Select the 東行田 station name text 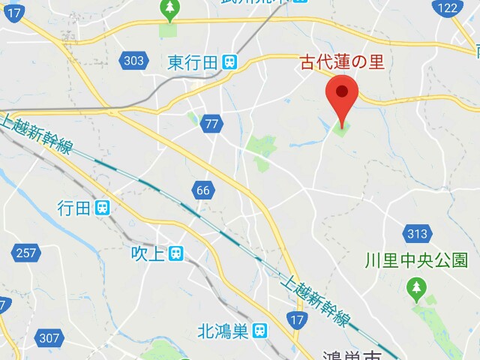pos(193,62)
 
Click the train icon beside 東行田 pos(229,63)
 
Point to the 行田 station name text pos(74,208)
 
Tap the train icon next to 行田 pos(103,208)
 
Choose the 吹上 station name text pos(147,253)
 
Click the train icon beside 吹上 pos(175,254)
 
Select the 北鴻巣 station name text pos(223,329)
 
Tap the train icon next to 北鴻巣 pos(259,329)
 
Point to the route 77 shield pos(211,124)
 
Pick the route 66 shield pos(202,190)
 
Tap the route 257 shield pos(25,253)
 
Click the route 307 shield pos(49,337)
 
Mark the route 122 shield pos(448,8)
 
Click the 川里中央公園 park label pos(416,260)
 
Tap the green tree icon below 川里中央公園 pos(415,286)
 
